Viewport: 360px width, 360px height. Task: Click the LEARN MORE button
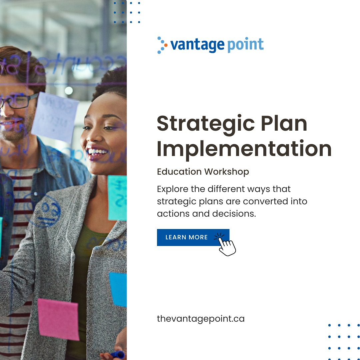click(187, 237)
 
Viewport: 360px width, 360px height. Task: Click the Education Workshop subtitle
click(203, 172)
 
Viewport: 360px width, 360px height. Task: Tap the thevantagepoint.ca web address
click(201, 319)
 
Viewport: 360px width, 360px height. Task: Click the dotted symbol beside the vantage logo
click(161, 45)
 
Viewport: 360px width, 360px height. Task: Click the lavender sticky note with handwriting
click(55, 117)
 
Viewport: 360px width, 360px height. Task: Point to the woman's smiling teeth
click(98, 152)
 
